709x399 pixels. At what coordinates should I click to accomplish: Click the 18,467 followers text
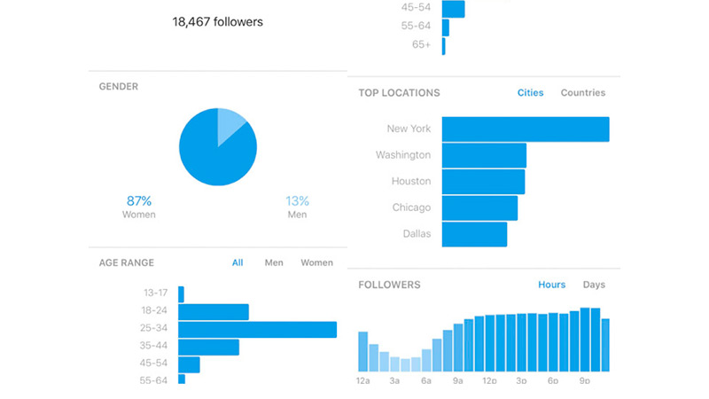(x=217, y=20)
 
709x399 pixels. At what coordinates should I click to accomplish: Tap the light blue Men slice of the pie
(x=232, y=125)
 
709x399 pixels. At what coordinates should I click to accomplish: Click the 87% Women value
(x=138, y=200)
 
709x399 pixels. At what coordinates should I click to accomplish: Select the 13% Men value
(x=298, y=200)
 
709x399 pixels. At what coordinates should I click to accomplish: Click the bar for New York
(x=525, y=129)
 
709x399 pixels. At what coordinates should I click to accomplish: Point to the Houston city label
(x=411, y=181)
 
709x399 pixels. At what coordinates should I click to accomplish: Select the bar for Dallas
(x=474, y=234)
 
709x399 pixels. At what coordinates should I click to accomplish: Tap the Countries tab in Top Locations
(x=583, y=93)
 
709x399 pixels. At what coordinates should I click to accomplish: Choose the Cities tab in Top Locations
(x=531, y=93)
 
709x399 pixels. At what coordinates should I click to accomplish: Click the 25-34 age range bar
(x=257, y=329)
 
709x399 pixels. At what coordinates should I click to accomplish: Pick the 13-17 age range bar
(x=181, y=293)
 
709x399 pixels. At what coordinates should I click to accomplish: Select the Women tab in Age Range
(x=316, y=262)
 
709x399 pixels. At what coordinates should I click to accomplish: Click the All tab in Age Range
(x=238, y=262)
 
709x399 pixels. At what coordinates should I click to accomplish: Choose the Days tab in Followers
(x=594, y=285)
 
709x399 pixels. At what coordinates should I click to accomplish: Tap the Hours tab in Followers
(x=551, y=285)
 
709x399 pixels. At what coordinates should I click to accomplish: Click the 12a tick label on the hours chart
(x=362, y=380)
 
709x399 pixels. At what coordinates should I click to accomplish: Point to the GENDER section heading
(x=119, y=87)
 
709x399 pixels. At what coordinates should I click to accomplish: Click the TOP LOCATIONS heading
(x=399, y=93)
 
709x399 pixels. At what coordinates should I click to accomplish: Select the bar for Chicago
(x=479, y=207)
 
